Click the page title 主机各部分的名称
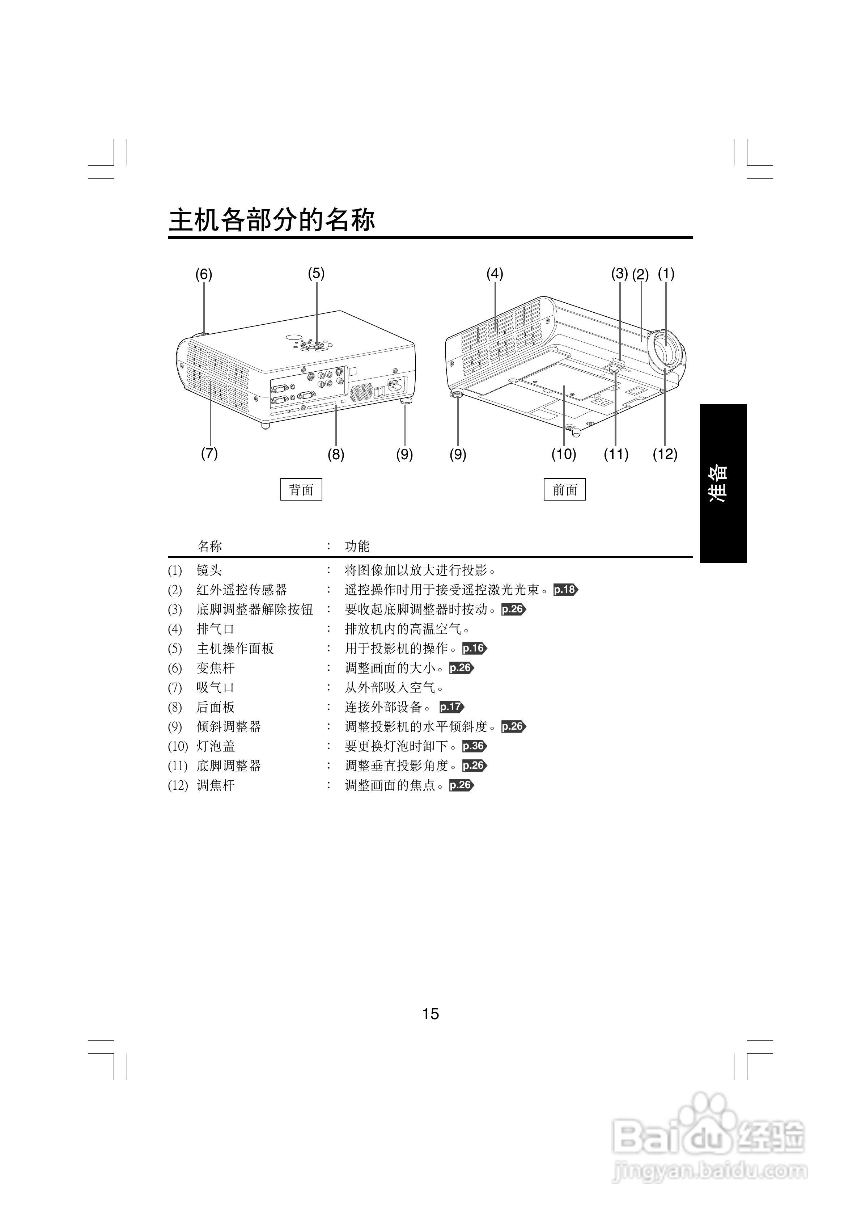click(x=272, y=220)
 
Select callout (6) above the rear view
click(x=203, y=274)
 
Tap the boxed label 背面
click(x=301, y=489)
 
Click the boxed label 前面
click(x=564, y=489)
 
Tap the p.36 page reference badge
click(x=474, y=746)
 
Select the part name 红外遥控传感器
click(x=242, y=590)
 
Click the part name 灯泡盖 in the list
click(x=216, y=746)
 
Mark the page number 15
click(x=430, y=1014)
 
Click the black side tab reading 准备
click(x=723, y=483)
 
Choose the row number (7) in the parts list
click(x=175, y=688)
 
